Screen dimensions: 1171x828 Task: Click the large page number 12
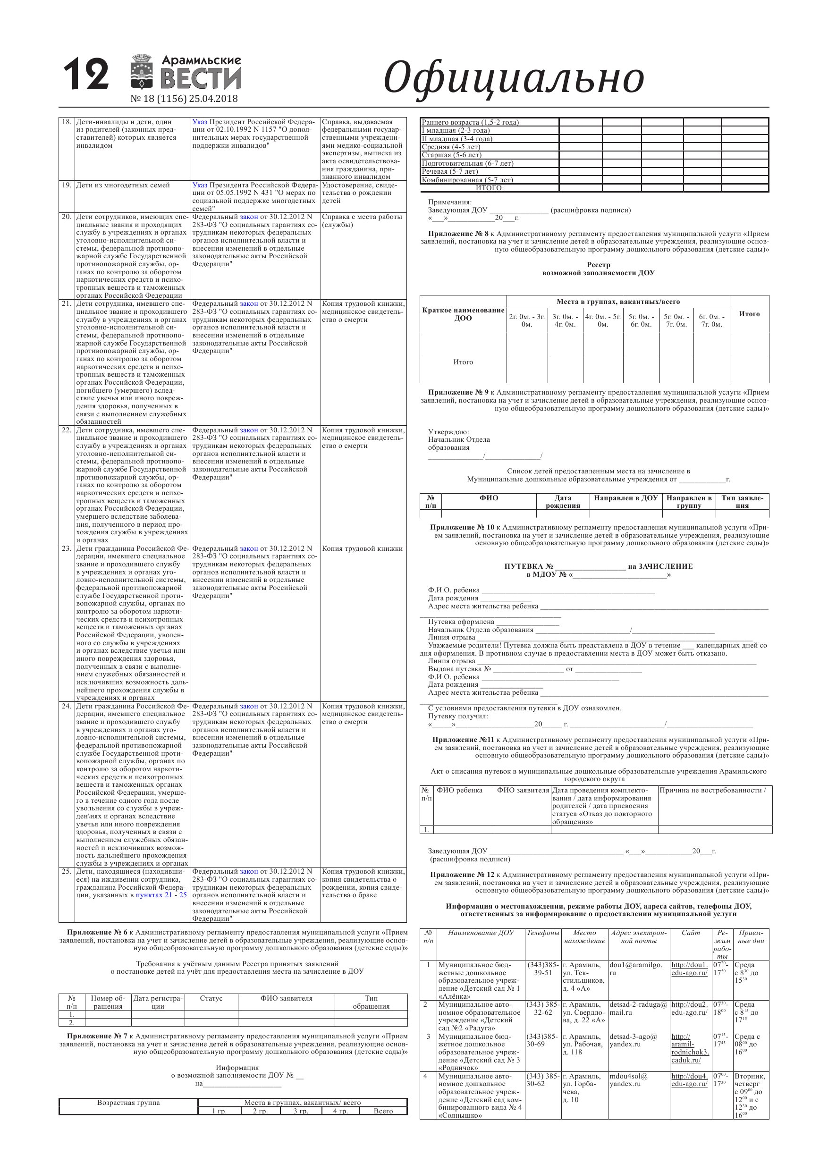pyautogui.click(x=86, y=75)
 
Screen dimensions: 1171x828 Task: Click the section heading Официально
pyautogui.click(x=513, y=78)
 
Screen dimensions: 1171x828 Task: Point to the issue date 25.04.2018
pyautogui.click(x=213, y=99)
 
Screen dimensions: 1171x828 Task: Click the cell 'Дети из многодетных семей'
pyautogui.click(x=123, y=185)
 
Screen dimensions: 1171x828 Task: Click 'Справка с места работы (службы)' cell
pyautogui.click(x=362, y=221)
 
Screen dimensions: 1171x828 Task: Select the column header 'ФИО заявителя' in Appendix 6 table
pyautogui.click(x=286, y=998)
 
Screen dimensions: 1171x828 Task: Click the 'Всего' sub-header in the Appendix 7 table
pyautogui.click(x=383, y=1111)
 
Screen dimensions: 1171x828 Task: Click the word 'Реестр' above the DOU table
pyautogui.click(x=599, y=265)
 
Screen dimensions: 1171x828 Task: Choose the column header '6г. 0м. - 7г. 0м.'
pyautogui.click(x=711, y=320)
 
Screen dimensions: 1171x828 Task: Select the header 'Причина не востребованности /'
pyautogui.click(x=713, y=791)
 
